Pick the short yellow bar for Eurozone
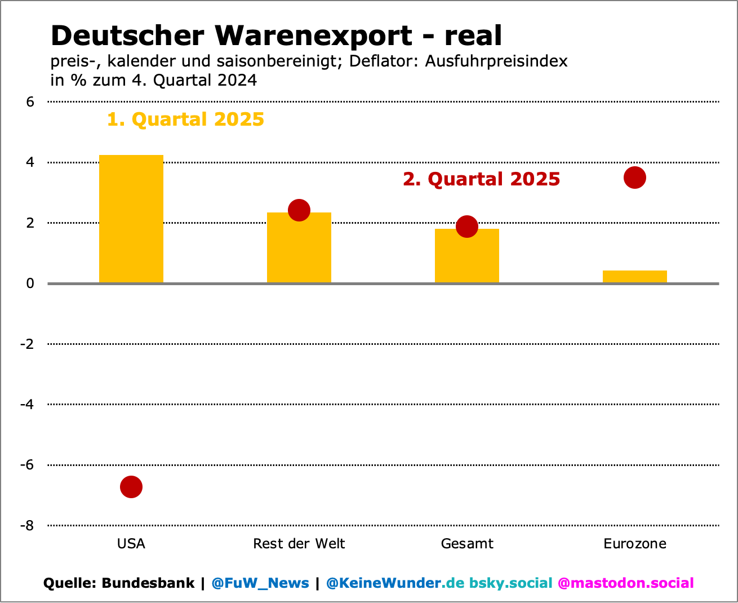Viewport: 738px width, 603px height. point(634,277)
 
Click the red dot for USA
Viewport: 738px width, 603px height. point(131,487)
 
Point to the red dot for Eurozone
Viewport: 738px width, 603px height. point(634,178)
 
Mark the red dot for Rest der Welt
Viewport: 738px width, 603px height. point(299,210)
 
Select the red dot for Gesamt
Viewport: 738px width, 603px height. point(466,227)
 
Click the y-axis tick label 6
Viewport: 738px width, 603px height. point(30,102)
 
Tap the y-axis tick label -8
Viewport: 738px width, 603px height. point(27,526)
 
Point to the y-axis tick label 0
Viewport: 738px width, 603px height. point(30,283)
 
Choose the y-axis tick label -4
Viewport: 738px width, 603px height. point(27,405)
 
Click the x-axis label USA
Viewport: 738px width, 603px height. point(131,544)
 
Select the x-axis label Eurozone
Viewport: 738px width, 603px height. point(634,544)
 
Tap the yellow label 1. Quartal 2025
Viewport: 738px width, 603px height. point(185,119)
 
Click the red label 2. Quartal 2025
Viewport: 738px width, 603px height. point(481,179)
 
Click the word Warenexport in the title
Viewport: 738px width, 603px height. point(313,36)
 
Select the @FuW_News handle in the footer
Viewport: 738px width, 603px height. point(260,583)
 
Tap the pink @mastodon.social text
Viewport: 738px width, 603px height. point(625,583)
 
